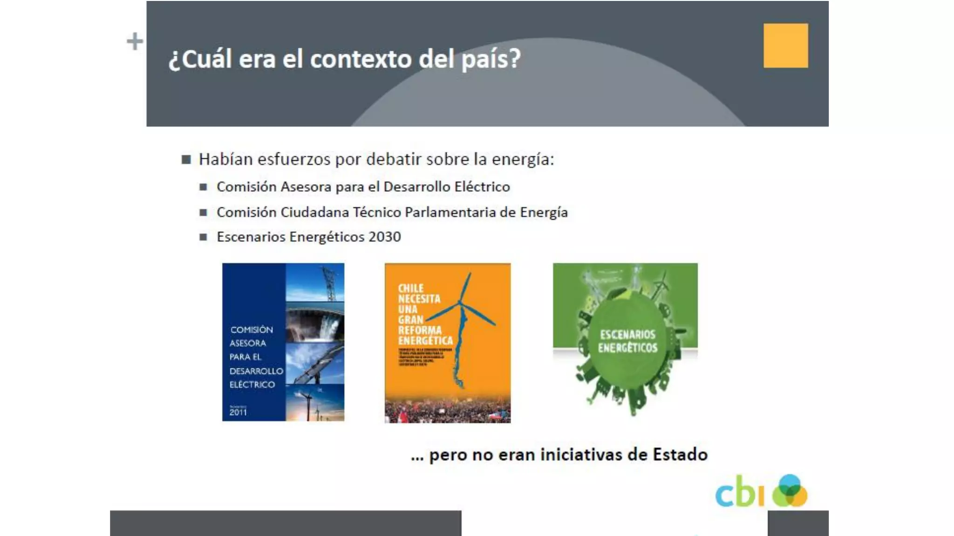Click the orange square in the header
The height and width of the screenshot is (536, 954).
pyautogui.click(x=785, y=46)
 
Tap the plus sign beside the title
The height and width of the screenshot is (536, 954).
pyautogui.click(x=135, y=41)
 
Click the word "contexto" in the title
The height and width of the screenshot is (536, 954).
pyautogui.click(x=361, y=59)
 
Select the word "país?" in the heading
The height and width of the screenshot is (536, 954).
pyautogui.click(x=491, y=60)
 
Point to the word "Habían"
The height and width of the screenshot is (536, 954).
pyautogui.click(x=225, y=159)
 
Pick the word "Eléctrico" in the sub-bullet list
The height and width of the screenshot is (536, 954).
pyautogui.click(x=482, y=187)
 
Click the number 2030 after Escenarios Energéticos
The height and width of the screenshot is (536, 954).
pyautogui.click(x=384, y=237)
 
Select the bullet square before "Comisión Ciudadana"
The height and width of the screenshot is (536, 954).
pyautogui.click(x=203, y=213)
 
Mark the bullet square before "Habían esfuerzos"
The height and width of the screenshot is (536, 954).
pyautogui.click(x=186, y=160)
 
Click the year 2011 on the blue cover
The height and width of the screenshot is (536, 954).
pyautogui.click(x=238, y=412)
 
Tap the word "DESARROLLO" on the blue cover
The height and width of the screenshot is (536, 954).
pyautogui.click(x=256, y=371)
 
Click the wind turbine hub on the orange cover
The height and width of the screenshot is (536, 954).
pyautogui.click(x=460, y=302)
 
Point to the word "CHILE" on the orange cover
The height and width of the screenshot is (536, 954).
pyautogui.click(x=410, y=288)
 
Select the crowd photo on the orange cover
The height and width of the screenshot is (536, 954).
pyautogui.click(x=447, y=409)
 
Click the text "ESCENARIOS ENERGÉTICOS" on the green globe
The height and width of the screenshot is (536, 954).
pyautogui.click(x=627, y=341)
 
